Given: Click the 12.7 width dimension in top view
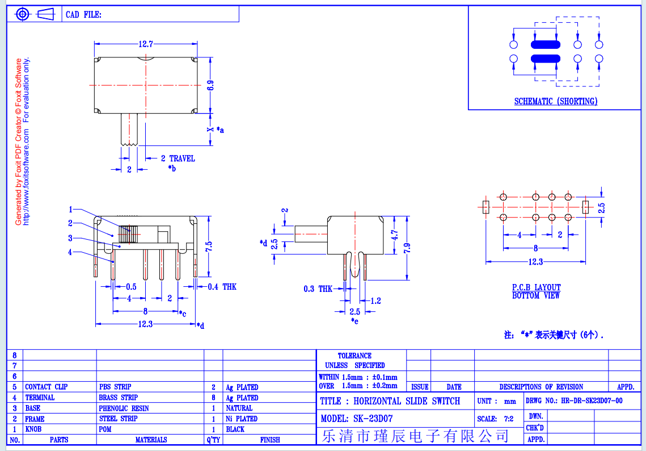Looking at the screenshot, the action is [146, 44].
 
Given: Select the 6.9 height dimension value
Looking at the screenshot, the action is [210, 85].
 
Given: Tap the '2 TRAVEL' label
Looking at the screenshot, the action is [178, 158].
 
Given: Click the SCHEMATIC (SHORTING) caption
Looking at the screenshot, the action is [556, 101].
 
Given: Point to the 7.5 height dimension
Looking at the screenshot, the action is [209, 247].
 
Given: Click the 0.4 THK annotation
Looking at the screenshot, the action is [222, 287].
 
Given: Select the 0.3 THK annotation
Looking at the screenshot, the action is [318, 289].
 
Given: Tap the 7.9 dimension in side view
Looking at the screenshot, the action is [407, 248].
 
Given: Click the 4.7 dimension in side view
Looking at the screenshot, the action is [395, 235].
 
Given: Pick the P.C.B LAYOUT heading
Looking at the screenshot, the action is [537, 287].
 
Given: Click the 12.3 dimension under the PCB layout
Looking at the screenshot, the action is [535, 262].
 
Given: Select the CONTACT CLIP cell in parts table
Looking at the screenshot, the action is [46, 387].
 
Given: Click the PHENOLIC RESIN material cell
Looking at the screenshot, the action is [124, 408].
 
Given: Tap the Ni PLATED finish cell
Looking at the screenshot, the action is [242, 419].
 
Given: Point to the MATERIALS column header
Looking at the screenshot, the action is [151, 440].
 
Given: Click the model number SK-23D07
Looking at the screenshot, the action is [373, 419].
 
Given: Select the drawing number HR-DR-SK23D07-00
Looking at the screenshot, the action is [592, 400].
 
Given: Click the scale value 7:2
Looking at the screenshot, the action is [509, 419].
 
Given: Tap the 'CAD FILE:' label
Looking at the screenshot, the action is [83, 15].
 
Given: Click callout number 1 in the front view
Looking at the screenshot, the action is [70, 210].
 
